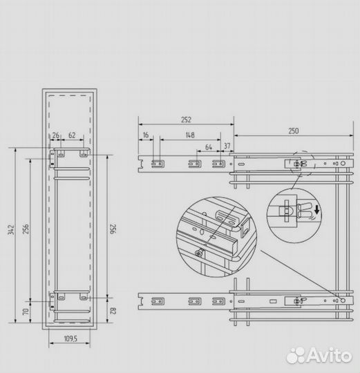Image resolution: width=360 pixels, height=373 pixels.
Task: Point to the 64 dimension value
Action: (208, 147)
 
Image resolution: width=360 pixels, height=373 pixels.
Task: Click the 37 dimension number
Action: (227, 147)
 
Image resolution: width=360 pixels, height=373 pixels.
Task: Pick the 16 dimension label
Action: (146, 136)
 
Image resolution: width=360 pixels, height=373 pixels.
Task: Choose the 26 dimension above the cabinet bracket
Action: (57, 136)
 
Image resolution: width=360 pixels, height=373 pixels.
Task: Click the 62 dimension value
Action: (73, 136)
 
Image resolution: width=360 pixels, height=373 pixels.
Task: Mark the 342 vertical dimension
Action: (10, 229)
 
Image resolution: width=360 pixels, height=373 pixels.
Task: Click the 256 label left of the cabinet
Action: (26, 229)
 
